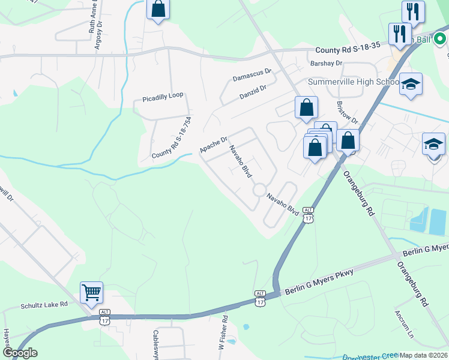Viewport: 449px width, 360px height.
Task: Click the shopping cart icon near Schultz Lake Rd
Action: coord(91,293)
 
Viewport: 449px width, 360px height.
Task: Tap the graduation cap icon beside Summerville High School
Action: coord(411,85)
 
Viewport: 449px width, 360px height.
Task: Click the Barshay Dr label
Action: coord(325,63)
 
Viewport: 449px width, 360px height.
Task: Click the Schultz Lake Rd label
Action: coord(43,305)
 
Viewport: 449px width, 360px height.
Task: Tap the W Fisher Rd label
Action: coord(223,334)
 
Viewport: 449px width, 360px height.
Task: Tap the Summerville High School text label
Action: coord(353,82)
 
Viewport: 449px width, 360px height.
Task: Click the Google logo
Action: coord(19,353)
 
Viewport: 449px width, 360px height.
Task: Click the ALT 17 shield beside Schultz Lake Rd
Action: coord(105,316)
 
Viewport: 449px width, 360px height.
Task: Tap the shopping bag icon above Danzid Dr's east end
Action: coord(306,108)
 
